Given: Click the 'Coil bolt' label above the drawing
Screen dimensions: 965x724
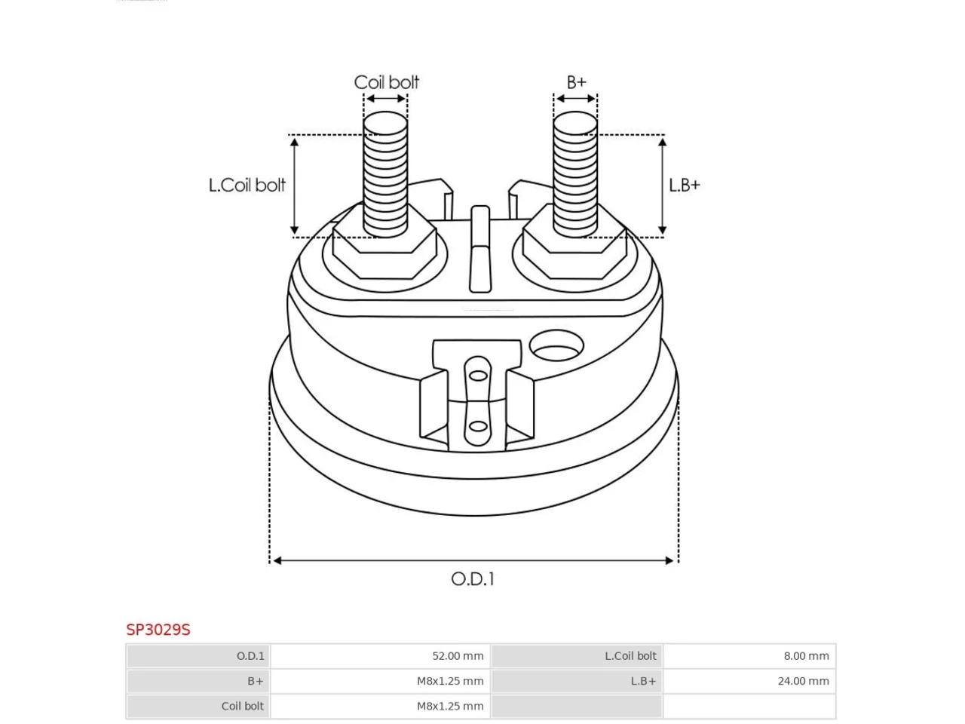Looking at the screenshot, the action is (386, 82).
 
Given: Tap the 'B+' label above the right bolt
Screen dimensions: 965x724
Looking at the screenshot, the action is (577, 82).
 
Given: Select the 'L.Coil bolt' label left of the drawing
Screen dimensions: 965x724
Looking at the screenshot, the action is (247, 185).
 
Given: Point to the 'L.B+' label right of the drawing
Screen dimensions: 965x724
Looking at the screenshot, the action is (684, 186).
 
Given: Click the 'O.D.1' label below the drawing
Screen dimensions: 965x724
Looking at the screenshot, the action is (473, 579).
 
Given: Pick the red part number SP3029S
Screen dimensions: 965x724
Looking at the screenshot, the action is (158, 630).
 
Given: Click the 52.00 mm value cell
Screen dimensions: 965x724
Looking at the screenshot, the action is (457, 656).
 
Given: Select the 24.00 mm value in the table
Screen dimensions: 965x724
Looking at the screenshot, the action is (803, 681).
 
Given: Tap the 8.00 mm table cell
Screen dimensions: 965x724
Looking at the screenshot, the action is (806, 656).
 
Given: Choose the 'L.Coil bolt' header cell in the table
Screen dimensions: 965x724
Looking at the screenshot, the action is (630, 656).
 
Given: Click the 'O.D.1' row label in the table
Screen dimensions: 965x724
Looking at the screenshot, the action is (250, 656).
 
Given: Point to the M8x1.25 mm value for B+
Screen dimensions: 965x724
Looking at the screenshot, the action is (450, 681).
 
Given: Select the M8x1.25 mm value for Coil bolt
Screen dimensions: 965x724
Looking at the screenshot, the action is (450, 706).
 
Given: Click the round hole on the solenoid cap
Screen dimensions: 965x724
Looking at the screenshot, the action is (556, 345).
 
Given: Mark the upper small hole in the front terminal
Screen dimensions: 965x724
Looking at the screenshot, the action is (478, 376).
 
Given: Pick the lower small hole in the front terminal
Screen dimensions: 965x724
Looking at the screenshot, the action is (478, 426).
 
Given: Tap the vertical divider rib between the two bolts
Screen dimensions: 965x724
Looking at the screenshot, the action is (480, 249).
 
